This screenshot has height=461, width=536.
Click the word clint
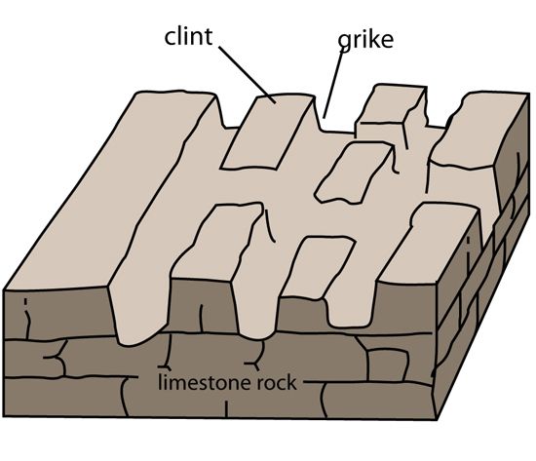[x=188, y=37]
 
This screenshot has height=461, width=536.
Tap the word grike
[x=365, y=40]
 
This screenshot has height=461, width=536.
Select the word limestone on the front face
[x=202, y=382]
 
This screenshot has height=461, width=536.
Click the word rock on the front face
[x=277, y=383]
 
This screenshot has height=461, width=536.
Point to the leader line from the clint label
[x=248, y=74]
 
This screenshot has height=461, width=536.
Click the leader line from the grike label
[x=333, y=84]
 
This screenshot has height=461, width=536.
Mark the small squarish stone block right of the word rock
[x=387, y=365]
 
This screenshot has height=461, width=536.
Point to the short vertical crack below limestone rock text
[x=226, y=408]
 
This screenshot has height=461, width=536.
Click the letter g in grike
[x=344, y=43]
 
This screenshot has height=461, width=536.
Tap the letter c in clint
[x=170, y=38]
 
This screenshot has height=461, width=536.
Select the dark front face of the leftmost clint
[x=58, y=315]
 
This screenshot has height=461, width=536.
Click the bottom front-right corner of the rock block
[x=437, y=419]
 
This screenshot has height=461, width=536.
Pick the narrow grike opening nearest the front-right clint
[x=349, y=308]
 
